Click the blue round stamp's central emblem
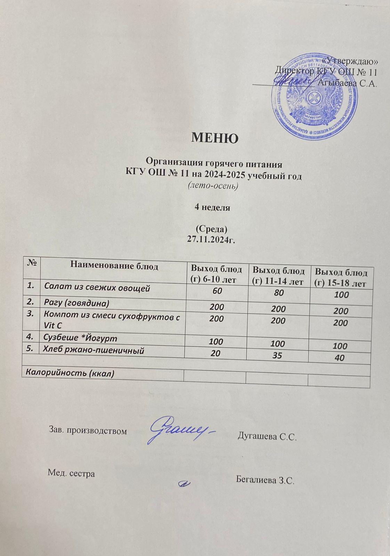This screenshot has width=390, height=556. click(x=315, y=99)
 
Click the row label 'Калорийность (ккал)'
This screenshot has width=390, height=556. click(x=68, y=373)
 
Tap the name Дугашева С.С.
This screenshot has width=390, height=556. click(x=267, y=436)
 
